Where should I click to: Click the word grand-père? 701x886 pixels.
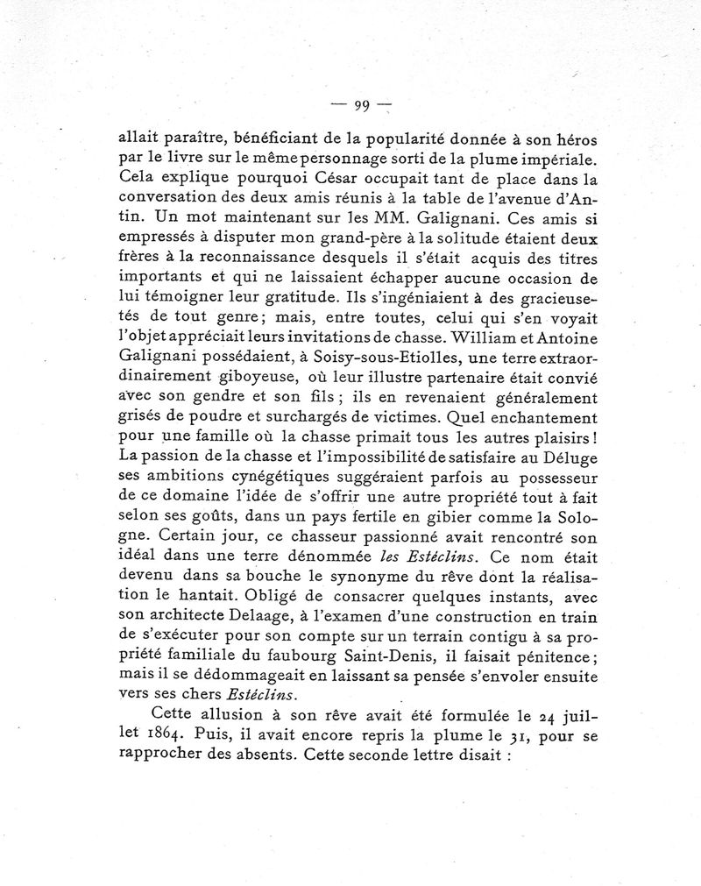click(377, 243)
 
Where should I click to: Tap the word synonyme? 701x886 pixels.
click(362, 580)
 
